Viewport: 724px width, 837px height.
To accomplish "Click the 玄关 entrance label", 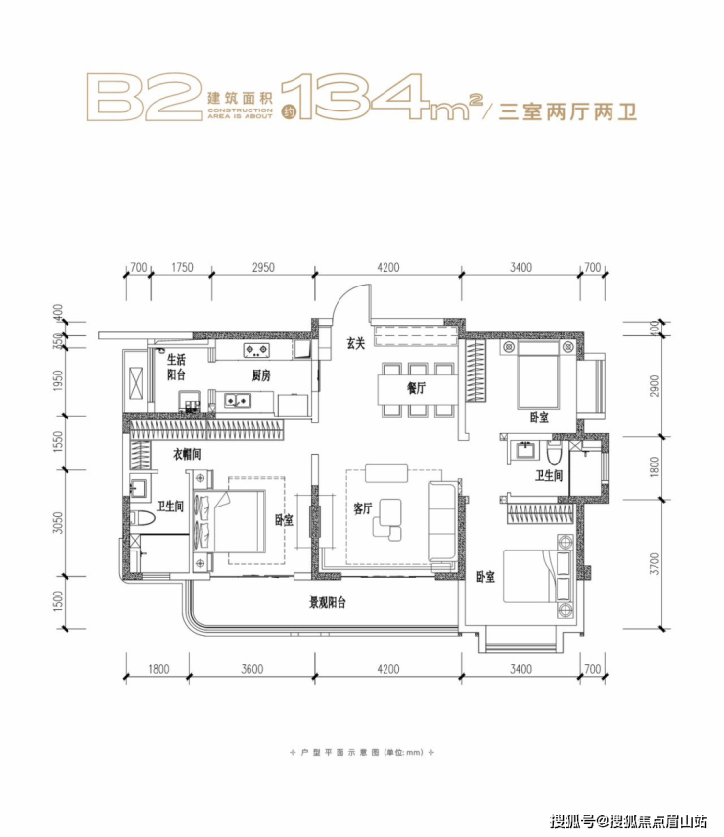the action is coord(355,343).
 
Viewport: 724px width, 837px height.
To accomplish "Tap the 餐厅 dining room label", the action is coord(417,388).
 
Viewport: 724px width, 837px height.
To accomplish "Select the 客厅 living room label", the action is coord(363,508).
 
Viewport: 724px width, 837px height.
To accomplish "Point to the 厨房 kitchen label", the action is coord(261,375).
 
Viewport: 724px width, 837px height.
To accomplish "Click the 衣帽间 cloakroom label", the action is coord(187,454).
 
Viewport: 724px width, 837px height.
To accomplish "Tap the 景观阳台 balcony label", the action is coord(328,602).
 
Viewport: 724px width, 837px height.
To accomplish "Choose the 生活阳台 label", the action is coord(176,367).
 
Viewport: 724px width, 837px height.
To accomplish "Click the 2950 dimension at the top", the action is coord(263,268).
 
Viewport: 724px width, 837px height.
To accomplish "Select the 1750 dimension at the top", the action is coord(182,268).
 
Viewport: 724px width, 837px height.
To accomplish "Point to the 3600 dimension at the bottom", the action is coord(252,669).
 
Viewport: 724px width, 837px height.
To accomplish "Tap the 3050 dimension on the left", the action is coord(58,523).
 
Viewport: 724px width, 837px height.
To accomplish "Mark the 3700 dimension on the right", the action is coord(656,563).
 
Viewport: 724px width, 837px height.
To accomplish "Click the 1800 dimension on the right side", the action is coord(656,467).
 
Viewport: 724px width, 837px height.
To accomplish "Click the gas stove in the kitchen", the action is coord(256,350).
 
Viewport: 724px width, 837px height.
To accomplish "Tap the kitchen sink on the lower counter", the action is coord(237,400).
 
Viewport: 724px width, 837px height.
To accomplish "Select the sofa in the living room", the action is coord(442,521).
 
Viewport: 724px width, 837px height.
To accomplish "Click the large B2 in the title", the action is coord(144,98).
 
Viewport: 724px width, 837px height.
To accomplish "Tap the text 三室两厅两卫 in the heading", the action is coord(567,112).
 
